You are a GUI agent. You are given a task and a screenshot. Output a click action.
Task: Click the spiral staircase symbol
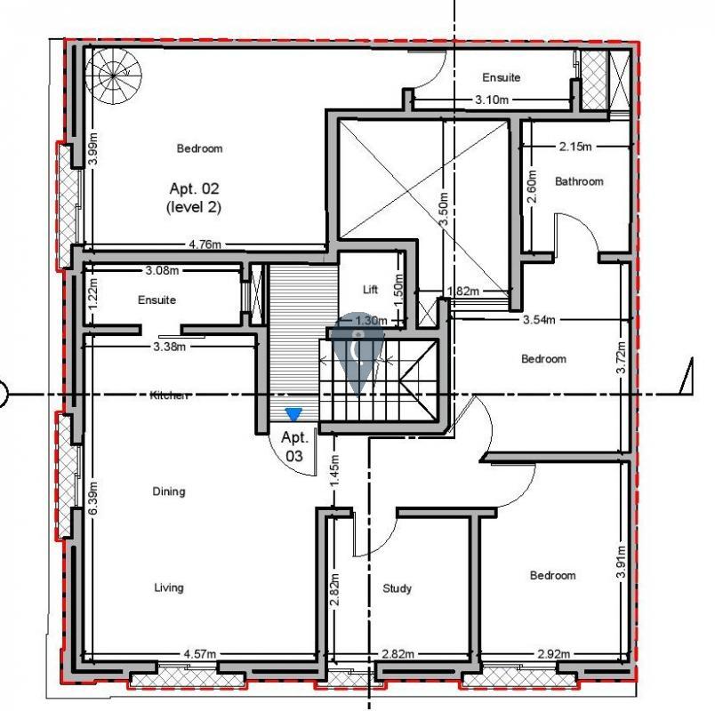point(113,76)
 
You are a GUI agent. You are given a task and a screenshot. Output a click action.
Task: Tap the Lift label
point(370,289)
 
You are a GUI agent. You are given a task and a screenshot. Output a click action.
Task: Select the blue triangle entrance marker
point(293,414)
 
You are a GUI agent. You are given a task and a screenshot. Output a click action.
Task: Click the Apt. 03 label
point(294,447)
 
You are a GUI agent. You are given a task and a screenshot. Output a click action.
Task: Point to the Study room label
point(397,588)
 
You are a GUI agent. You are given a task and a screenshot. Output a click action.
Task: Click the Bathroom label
point(579,181)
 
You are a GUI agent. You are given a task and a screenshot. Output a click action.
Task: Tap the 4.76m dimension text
point(205,244)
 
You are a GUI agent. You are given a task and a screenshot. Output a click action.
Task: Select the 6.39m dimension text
point(93,499)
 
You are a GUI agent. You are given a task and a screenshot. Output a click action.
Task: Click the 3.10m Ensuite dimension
point(492,100)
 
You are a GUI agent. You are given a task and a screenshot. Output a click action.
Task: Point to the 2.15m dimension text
point(575,147)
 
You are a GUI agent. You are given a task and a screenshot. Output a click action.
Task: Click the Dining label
point(169,491)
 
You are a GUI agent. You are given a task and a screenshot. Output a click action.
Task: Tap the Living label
point(169,587)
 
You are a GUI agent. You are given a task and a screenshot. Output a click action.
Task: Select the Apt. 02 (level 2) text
point(194,198)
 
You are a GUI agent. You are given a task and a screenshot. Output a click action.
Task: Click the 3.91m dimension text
point(621,562)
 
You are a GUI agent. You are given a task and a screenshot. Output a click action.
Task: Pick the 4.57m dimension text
point(200,654)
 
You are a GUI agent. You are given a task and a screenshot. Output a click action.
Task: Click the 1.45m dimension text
point(334,471)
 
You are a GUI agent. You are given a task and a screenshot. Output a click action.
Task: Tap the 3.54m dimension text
point(539,319)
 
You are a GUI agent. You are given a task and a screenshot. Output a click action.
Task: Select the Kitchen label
point(169,395)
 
